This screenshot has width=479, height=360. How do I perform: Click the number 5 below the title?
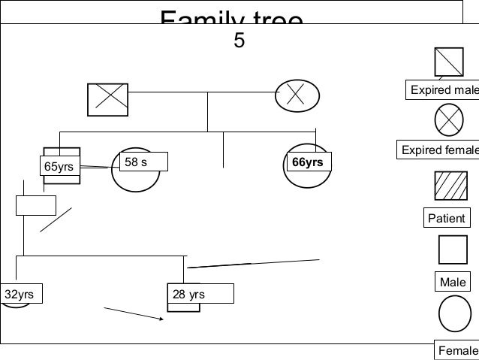click(239, 41)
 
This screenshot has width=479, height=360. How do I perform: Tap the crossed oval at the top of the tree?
click(296, 94)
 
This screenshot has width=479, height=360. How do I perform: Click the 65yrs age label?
click(59, 166)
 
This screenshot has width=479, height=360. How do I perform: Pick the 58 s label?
click(144, 162)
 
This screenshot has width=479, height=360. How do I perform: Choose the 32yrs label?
click(20, 294)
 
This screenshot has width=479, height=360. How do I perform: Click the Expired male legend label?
click(442, 91)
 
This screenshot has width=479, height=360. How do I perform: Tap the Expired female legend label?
click(439, 150)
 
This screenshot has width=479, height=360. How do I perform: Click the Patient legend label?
click(446, 219)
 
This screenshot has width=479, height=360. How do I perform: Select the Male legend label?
click(452, 282)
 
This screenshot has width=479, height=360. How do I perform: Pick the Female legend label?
click(456, 350)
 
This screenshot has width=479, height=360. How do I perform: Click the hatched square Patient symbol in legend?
click(448, 189)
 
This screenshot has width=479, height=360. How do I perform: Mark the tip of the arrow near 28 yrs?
click(164, 320)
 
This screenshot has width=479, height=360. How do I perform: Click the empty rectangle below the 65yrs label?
click(35, 204)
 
